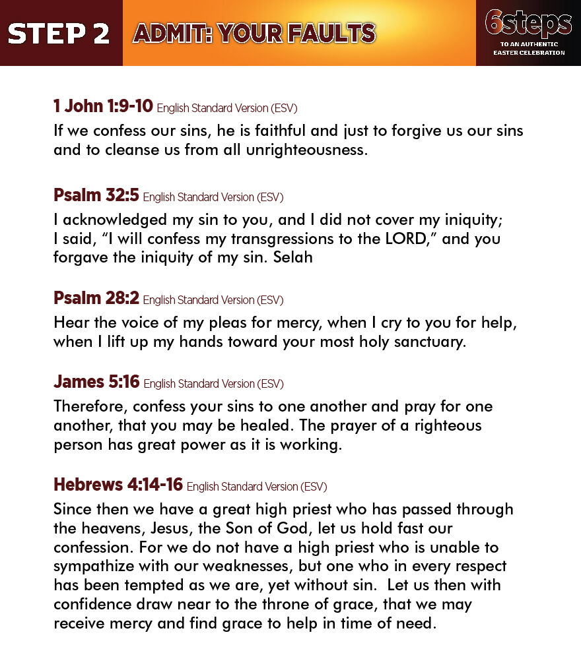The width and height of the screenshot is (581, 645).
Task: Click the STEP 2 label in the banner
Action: click(x=59, y=34)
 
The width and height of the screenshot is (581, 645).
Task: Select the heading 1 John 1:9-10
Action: click(x=103, y=106)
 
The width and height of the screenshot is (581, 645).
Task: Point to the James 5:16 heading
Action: click(x=96, y=382)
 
